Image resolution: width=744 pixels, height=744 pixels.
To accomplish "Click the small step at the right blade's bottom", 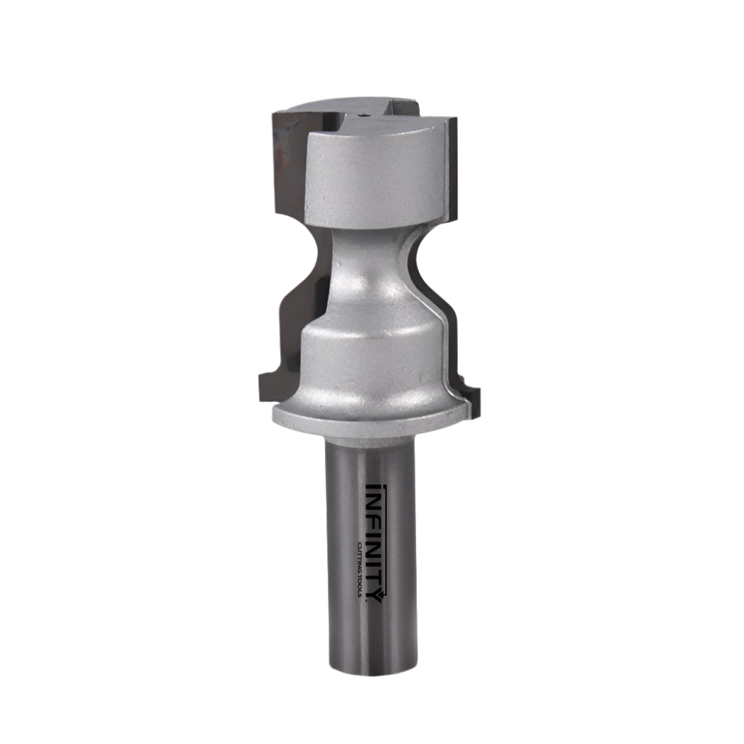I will [473, 390].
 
